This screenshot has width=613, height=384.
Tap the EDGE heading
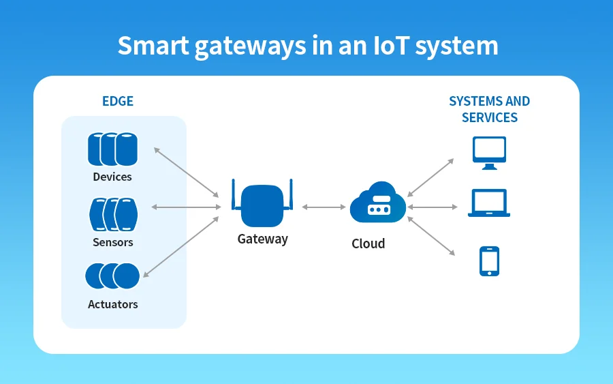(x=118, y=102)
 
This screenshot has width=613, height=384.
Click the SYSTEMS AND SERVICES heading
(x=489, y=109)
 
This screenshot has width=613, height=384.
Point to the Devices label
(x=112, y=177)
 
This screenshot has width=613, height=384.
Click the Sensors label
(x=113, y=242)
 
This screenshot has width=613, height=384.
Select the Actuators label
(x=113, y=304)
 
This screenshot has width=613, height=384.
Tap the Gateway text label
(x=262, y=239)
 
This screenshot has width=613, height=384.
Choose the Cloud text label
(x=368, y=243)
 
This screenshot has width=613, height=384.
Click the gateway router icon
(x=262, y=206)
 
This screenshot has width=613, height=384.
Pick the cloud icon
(x=378, y=203)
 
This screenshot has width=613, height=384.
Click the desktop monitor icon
(x=489, y=153)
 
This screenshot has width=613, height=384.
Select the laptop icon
(x=489, y=203)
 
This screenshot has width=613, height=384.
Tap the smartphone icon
(x=489, y=261)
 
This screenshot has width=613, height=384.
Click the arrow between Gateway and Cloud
(x=324, y=207)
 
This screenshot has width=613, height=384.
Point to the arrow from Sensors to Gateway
(x=186, y=207)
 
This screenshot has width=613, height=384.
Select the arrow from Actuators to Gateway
(x=182, y=247)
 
